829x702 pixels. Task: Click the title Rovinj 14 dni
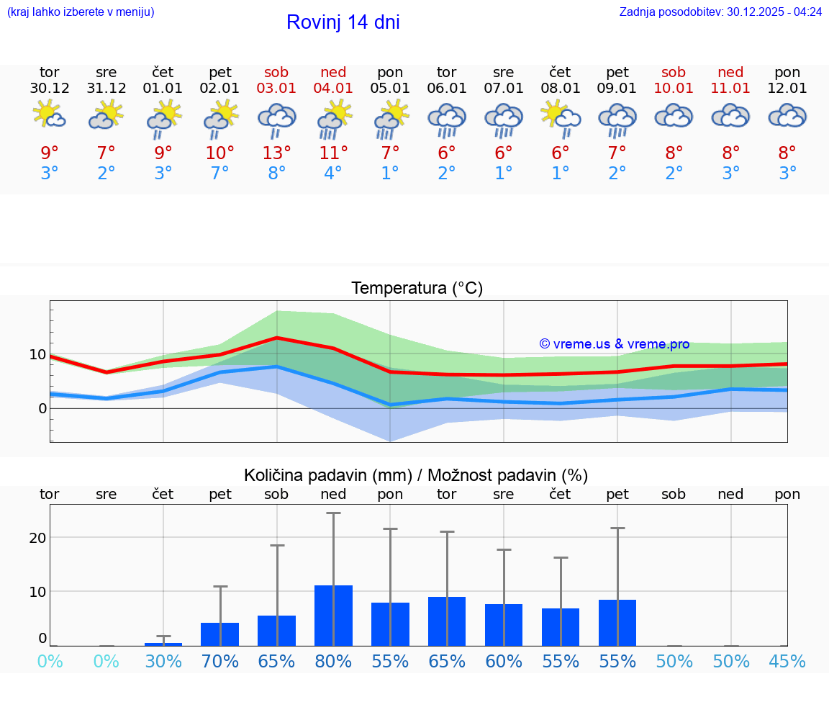[343, 22]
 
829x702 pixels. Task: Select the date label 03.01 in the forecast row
[276, 89]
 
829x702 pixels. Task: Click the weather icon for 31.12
[107, 115]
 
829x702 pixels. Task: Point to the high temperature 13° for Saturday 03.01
[276, 153]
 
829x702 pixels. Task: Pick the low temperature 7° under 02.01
[219, 174]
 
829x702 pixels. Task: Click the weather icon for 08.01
[560, 117]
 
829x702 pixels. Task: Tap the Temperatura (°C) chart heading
[417, 289]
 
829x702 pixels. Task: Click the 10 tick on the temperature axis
[37, 354]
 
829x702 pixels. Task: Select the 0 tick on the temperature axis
[42, 408]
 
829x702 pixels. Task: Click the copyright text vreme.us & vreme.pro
[615, 344]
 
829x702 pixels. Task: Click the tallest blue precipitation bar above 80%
[333, 616]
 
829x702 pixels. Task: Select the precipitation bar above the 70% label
[219, 634]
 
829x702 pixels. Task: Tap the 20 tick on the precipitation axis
[37, 538]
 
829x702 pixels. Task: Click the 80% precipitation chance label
[333, 662]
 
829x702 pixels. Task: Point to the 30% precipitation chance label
[163, 662]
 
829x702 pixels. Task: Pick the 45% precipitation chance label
[787, 662]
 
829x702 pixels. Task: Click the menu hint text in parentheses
[81, 12]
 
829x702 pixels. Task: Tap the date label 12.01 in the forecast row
[787, 89]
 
